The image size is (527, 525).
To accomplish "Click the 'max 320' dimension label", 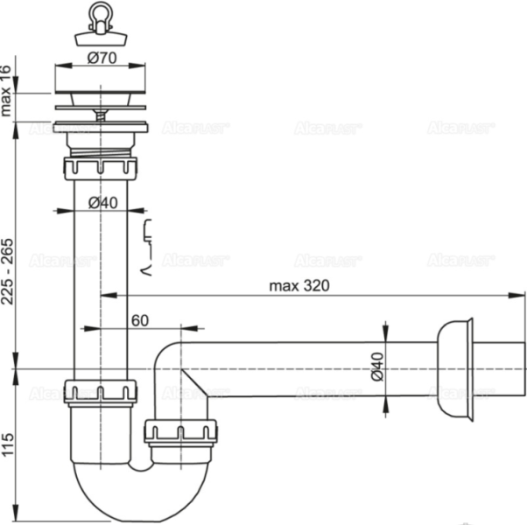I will pos(299,285).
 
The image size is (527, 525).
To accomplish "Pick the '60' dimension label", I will pos(138,320).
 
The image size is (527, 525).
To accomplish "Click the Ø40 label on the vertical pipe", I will pos(102,202).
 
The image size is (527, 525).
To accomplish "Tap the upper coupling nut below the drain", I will pos(101,169).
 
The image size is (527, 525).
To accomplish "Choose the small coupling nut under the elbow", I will pos(179,432).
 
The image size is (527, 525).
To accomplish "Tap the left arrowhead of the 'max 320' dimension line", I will pos(106,296).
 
